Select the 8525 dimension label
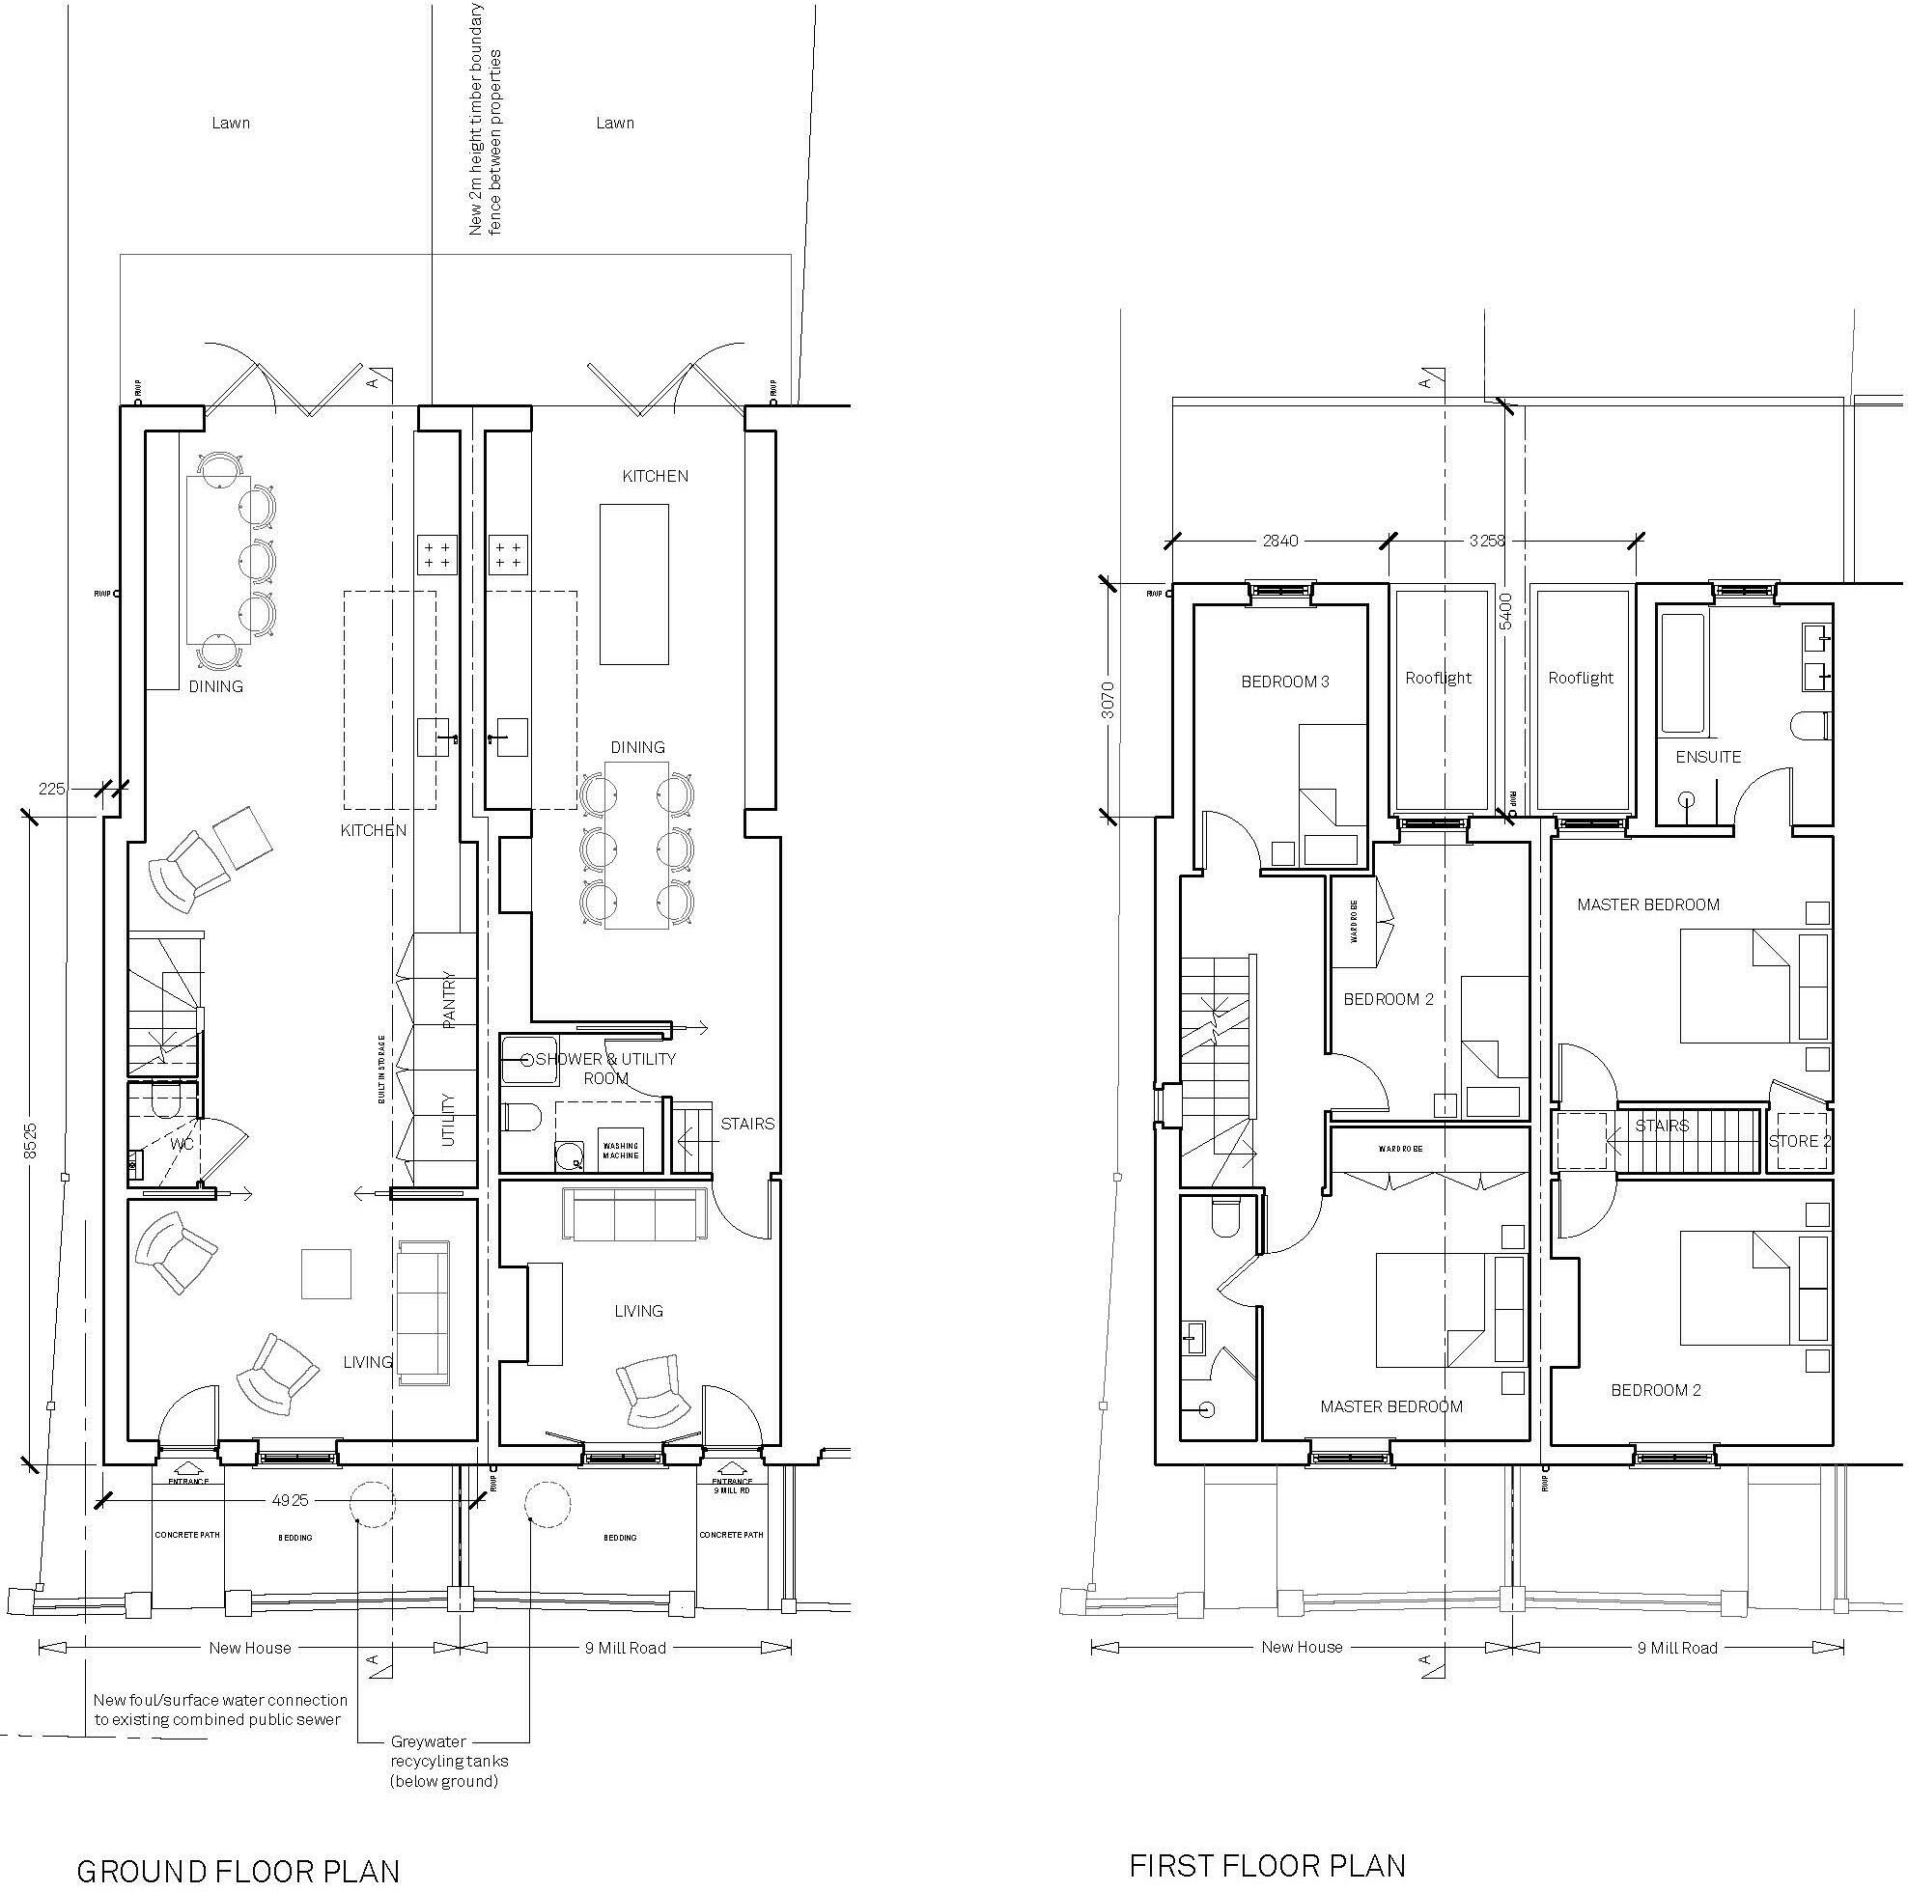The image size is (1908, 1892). click(31, 1140)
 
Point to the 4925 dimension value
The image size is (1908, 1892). click(291, 1500)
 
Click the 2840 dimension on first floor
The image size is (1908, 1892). click(1280, 541)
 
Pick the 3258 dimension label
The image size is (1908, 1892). click(1487, 541)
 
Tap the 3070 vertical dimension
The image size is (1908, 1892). click(1108, 699)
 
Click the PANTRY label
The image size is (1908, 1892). click(449, 999)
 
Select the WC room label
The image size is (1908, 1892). click(182, 1144)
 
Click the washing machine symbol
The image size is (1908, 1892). click(620, 1151)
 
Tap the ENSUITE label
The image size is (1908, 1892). click(1708, 757)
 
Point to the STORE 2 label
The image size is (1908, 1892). click(1799, 1141)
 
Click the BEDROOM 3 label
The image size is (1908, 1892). click(1285, 682)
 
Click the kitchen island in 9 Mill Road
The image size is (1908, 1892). click(634, 584)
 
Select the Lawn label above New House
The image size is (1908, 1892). click(230, 124)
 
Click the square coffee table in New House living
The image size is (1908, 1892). click(326, 1273)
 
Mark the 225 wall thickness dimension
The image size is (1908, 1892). click(51, 788)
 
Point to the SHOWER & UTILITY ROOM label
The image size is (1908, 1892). click(605, 1069)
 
